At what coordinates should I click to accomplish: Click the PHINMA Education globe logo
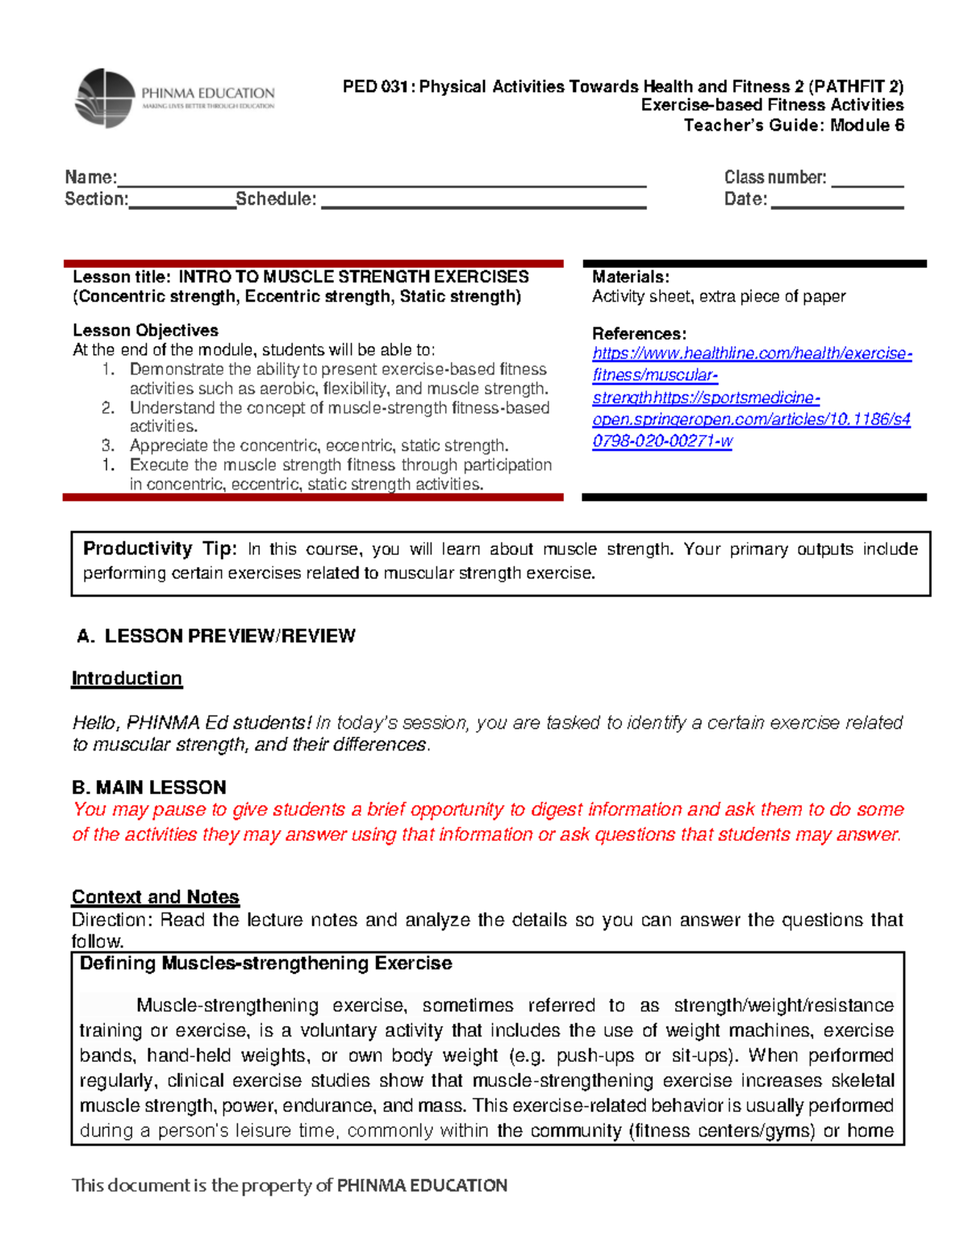pyautogui.click(x=105, y=98)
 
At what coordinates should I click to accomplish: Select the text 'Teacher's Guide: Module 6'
pyautogui.click(x=794, y=125)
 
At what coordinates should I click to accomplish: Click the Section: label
pyautogui.click(x=96, y=199)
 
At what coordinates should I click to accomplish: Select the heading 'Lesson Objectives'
pyautogui.click(x=145, y=330)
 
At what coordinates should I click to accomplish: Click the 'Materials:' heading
pyautogui.click(x=630, y=277)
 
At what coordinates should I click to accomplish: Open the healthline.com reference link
pyautogui.click(x=751, y=353)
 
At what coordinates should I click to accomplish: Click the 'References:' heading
pyautogui.click(x=639, y=333)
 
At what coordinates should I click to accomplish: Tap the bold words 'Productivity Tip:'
pyautogui.click(x=160, y=549)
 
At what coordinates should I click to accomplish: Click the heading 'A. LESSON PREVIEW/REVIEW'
pyautogui.click(x=215, y=636)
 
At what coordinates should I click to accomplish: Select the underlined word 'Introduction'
pyautogui.click(x=127, y=678)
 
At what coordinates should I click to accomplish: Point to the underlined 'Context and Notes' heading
pyautogui.click(x=155, y=896)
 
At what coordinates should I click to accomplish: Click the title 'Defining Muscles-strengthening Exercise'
pyautogui.click(x=265, y=963)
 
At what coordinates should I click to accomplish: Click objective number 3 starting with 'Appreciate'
pyautogui.click(x=319, y=445)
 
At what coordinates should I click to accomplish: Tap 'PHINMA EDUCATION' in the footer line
pyautogui.click(x=422, y=1185)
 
